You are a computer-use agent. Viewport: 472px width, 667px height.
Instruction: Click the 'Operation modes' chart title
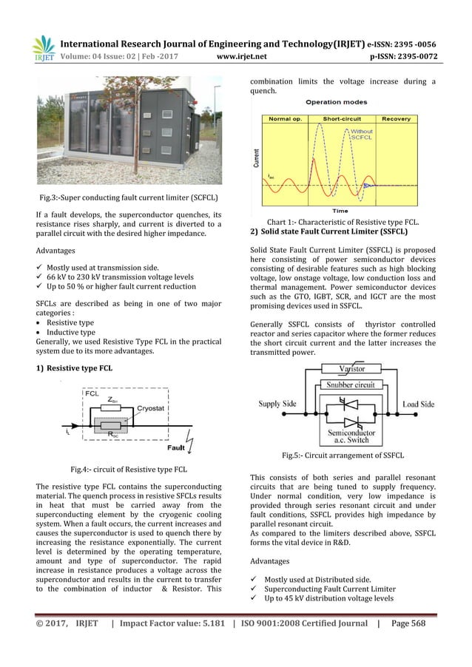pyautogui.click(x=340, y=103)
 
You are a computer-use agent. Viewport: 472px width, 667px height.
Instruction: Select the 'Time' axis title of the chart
pyautogui.click(x=340, y=210)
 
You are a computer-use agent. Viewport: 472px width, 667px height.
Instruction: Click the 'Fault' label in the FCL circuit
pyautogui.click(x=177, y=447)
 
